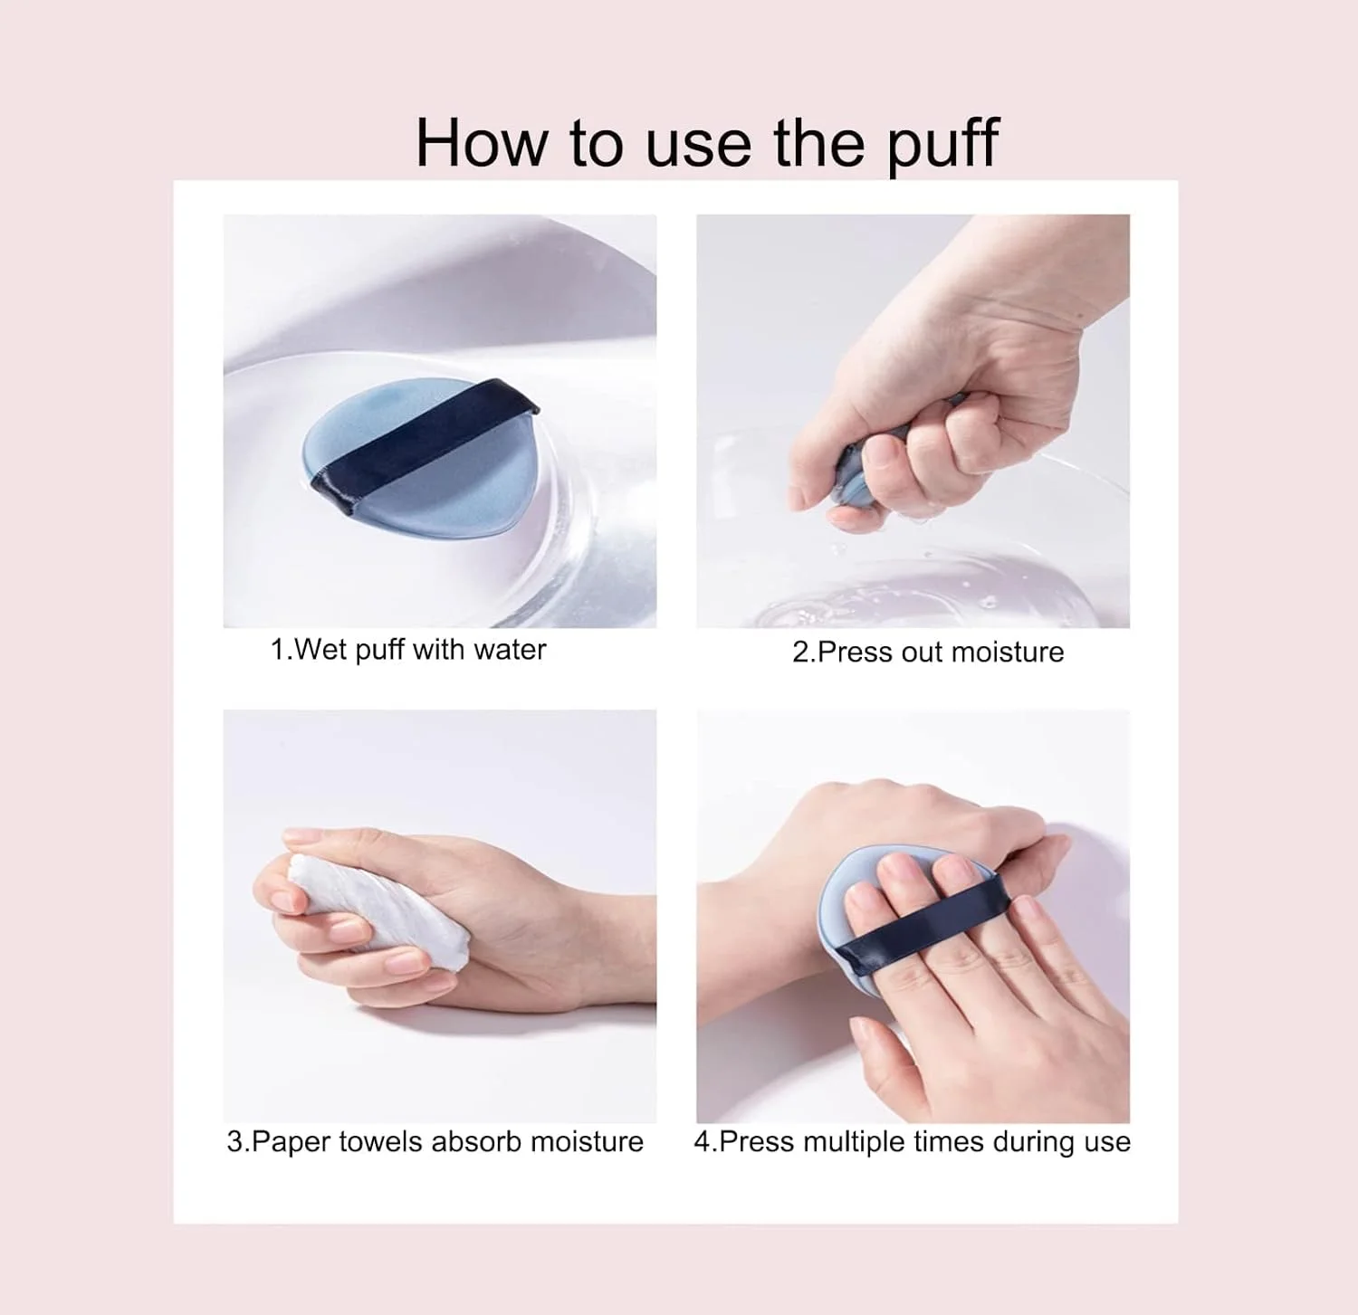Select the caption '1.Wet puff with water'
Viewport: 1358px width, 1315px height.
pos(408,650)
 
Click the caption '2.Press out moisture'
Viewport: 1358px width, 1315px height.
pos(928,652)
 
